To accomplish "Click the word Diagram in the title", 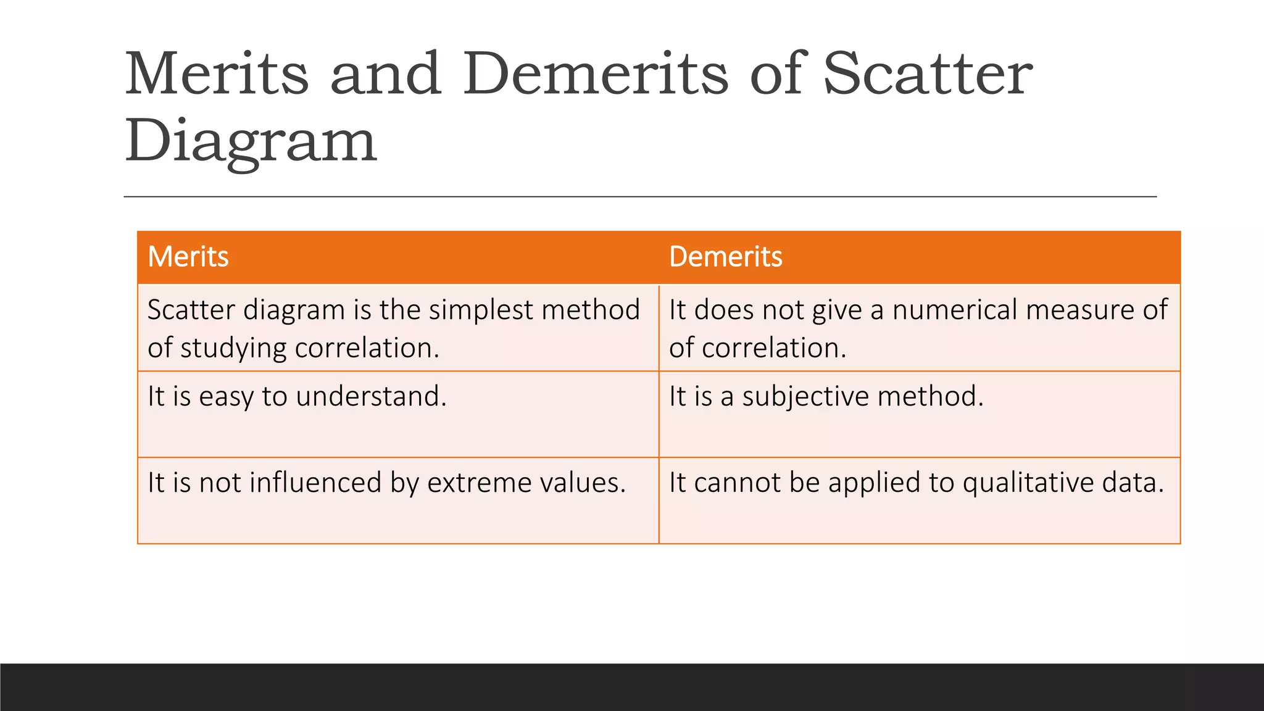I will (251, 141).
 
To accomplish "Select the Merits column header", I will (188, 257).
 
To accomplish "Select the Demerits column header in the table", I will (725, 257).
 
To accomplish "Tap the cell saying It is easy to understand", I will (297, 397).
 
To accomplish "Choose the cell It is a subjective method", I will (826, 397).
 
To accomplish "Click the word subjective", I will (805, 397).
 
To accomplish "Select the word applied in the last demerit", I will (878, 483).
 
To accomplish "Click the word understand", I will (370, 397).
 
